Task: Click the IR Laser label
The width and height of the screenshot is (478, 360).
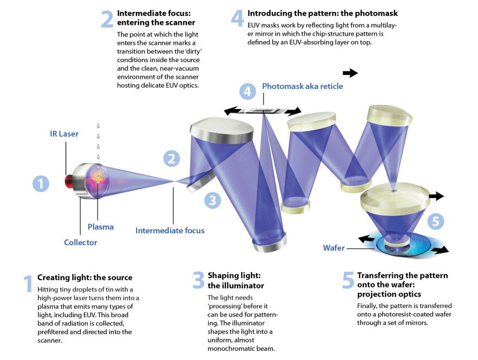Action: coord(65,133)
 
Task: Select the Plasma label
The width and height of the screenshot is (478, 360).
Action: coord(100,227)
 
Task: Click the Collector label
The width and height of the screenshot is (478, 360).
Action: coord(80,242)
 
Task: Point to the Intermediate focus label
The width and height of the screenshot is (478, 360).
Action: coord(170,230)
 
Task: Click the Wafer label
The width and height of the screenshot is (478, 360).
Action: coord(333,248)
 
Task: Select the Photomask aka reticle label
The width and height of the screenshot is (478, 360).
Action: coord(302,87)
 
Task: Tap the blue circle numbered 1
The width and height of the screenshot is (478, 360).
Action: coord(41,184)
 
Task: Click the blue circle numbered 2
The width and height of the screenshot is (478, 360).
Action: coord(172,159)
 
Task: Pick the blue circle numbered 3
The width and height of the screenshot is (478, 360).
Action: coord(213,200)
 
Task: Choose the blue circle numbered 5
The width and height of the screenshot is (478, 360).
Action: coord(435,221)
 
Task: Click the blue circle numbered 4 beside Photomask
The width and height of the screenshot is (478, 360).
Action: coord(247,91)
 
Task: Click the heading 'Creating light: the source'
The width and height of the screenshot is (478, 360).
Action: coord(85,277)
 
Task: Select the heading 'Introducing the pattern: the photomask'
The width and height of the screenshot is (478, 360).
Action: coord(322,13)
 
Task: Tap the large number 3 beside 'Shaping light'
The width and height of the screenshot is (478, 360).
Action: coord(198,281)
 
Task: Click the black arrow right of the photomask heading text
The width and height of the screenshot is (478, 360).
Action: coord(350,73)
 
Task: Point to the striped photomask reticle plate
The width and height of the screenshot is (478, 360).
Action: coord(263,110)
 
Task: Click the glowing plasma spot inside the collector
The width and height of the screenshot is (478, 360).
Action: coord(98,178)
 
